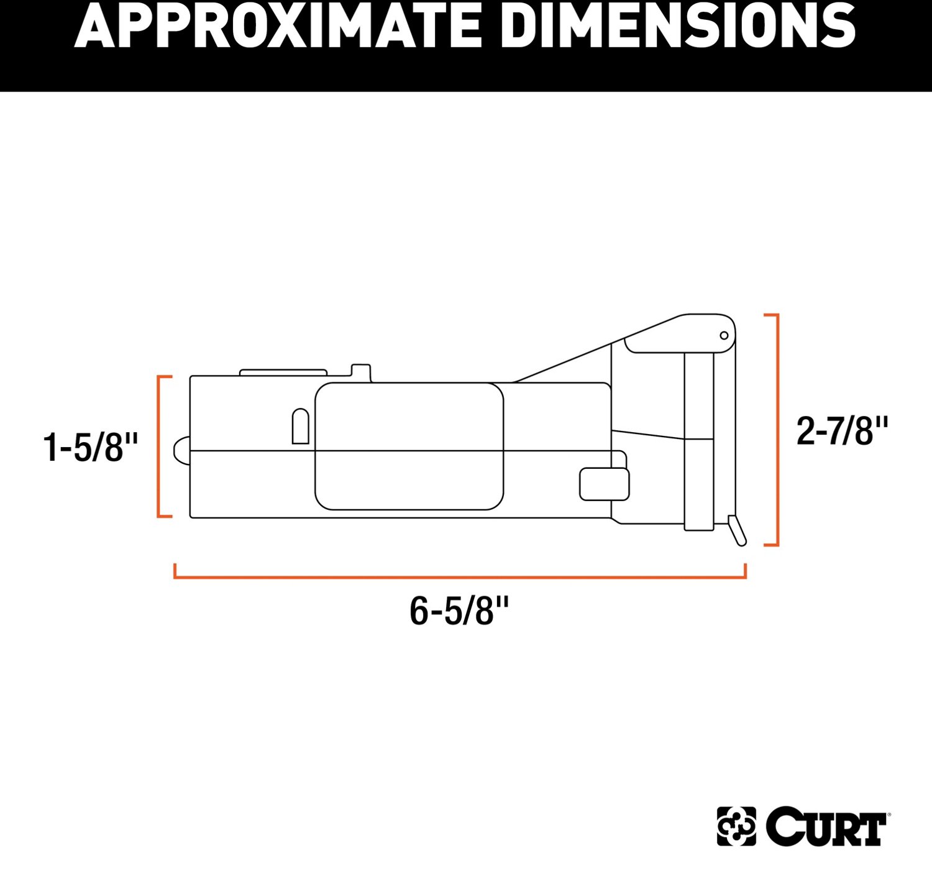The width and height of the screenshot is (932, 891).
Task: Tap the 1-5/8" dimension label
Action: click(x=91, y=447)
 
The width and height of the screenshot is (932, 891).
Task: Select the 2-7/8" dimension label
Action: click(x=843, y=431)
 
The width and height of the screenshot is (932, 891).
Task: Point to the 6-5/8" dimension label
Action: click(x=459, y=611)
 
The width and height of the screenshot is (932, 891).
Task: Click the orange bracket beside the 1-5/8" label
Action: click(x=160, y=446)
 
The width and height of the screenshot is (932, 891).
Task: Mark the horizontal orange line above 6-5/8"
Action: click(x=460, y=577)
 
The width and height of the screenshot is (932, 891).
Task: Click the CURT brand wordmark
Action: click(x=826, y=827)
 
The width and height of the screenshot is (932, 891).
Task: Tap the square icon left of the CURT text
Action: click(x=736, y=826)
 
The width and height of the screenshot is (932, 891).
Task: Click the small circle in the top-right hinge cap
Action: click(x=724, y=336)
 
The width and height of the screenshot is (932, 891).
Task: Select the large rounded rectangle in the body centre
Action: click(x=409, y=446)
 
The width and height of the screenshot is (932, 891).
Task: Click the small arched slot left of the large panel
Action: click(x=301, y=427)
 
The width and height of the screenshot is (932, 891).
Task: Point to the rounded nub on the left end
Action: click(x=181, y=450)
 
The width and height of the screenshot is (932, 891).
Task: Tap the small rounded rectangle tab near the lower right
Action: click(x=604, y=484)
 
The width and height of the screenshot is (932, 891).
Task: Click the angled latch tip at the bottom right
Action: click(x=737, y=530)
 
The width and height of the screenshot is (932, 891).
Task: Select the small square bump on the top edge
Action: click(x=361, y=371)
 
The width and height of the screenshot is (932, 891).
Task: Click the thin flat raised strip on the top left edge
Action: click(x=283, y=372)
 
